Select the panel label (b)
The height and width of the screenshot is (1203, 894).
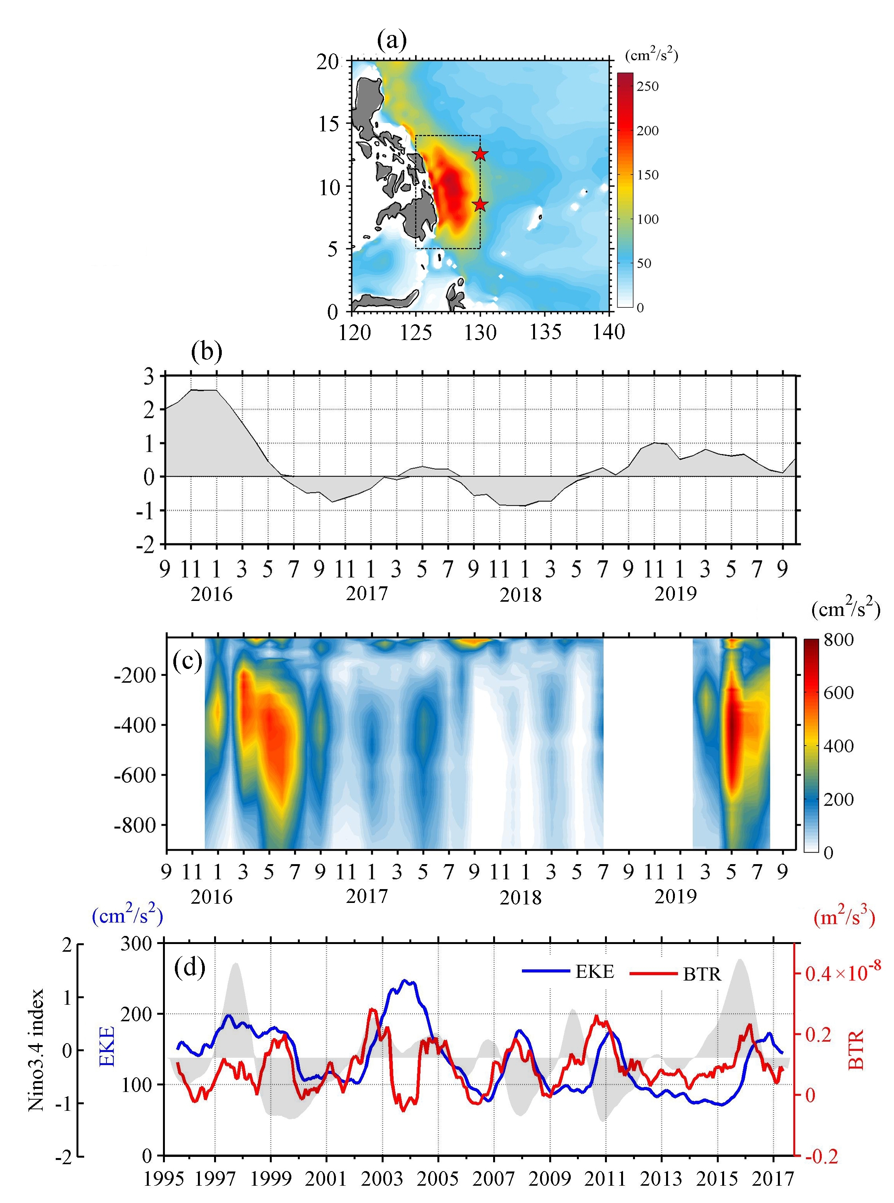[x=207, y=352]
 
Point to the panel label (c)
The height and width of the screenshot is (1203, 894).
[x=187, y=661]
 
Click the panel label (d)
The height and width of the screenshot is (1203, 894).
[x=190, y=968]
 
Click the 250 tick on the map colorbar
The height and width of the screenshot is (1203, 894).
[x=647, y=86]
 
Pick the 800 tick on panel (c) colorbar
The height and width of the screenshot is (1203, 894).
[x=839, y=640]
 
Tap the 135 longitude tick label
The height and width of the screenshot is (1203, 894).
[x=545, y=332]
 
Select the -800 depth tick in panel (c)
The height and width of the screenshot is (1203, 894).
[x=135, y=825]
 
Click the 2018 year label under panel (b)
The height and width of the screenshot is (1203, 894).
[x=520, y=595]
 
